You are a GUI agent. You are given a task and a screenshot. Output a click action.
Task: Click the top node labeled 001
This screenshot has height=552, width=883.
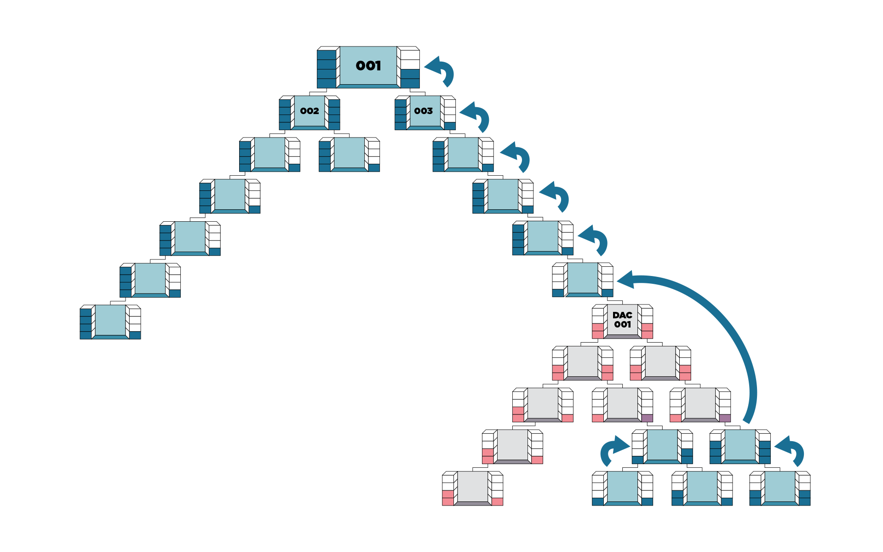pyautogui.click(x=368, y=66)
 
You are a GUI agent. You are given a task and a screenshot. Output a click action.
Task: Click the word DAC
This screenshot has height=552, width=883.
pyautogui.click(x=622, y=315)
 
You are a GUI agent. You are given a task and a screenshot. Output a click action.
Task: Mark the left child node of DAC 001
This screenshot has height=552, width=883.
pyautogui.click(x=583, y=362)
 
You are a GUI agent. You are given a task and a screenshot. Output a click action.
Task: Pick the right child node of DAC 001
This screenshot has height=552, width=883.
pyautogui.click(x=660, y=362)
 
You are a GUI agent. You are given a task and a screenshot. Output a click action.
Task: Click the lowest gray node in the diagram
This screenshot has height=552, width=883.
pyautogui.click(x=472, y=488)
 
